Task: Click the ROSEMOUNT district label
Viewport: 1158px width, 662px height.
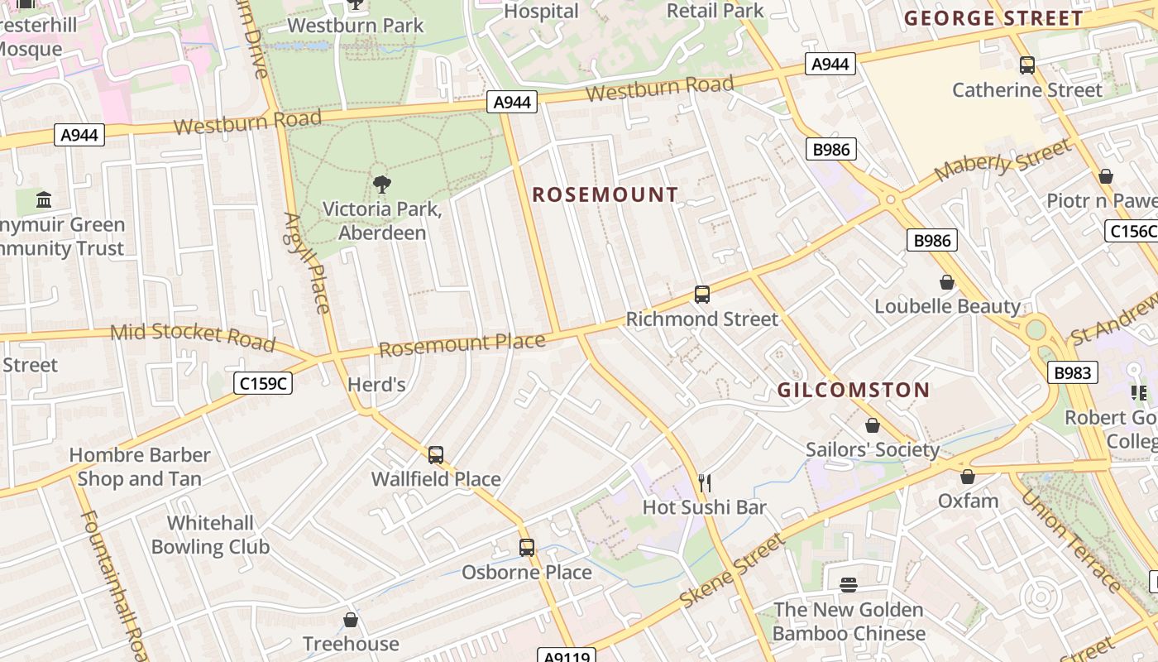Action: (605, 195)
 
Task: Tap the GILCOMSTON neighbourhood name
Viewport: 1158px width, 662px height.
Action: (854, 390)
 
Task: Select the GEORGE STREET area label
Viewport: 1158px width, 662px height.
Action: (993, 18)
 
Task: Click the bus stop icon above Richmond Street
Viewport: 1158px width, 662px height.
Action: (701, 295)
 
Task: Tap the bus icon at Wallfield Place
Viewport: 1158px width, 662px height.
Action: (436, 454)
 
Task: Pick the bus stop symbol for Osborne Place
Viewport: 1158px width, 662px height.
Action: (527, 547)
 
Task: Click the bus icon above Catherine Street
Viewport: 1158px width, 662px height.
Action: (1026, 65)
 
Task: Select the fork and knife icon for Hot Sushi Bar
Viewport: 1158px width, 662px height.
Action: (705, 482)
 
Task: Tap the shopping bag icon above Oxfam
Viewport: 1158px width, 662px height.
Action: (967, 477)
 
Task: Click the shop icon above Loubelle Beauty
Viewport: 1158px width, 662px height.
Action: (947, 282)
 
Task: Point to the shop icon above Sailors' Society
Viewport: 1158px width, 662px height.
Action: (872, 425)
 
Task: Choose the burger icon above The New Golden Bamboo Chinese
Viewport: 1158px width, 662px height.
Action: (848, 585)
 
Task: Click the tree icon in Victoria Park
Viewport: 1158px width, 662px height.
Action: (381, 184)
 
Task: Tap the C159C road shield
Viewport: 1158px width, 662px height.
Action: (264, 383)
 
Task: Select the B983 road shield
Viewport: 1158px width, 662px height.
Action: (1072, 372)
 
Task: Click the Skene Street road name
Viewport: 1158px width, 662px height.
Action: (731, 572)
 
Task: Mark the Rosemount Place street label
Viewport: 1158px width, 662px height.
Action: (462, 343)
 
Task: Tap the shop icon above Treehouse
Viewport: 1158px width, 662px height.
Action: (351, 620)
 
